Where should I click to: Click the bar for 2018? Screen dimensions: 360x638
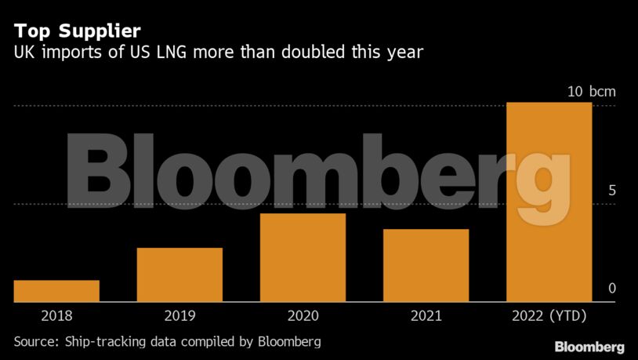(x=56, y=291)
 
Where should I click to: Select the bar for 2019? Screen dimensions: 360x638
(x=179, y=275)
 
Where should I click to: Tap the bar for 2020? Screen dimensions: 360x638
(x=303, y=257)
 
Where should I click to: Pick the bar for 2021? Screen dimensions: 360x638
(x=426, y=265)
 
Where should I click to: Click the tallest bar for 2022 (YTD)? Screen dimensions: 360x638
(x=549, y=202)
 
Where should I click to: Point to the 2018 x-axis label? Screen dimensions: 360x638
(x=56, y=316)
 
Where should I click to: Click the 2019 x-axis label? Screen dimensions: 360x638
(x=179, y=316)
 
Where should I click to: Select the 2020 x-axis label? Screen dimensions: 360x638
(x=303, y=316)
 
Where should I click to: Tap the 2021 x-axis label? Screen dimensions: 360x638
(x=426, y=316)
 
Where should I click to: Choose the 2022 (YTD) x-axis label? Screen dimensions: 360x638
(x=549, y=316)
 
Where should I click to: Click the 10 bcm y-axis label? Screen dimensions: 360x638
(x=592, y=92)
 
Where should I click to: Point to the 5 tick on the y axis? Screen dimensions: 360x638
(x=612, y=191)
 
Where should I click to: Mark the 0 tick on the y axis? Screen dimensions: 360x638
(x=612, y=289)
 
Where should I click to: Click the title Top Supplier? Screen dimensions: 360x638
(x=77, y=31)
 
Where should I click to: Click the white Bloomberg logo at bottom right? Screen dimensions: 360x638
(x=589, y=347)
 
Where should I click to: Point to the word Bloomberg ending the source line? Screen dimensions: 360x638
(x=291, y=342)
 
